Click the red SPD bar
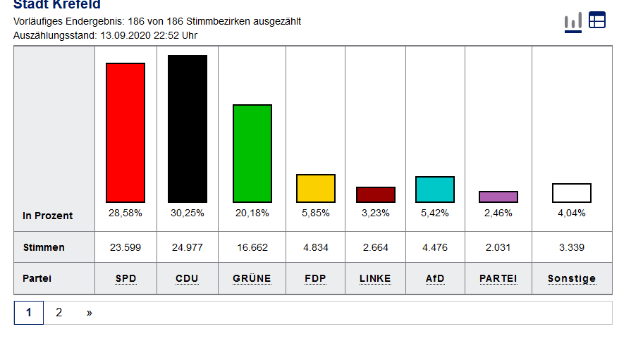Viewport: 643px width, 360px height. click(x=125, y=132)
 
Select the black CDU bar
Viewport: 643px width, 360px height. click(x=188, y=129)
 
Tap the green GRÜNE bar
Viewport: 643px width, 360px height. click(x=252, y=153)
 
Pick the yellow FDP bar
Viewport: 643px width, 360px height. click(x=316, y=188)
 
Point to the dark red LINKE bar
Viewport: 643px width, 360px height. click(x=376, y=194)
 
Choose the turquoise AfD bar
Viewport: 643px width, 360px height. click(x=435, y=190)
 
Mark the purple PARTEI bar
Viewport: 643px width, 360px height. click(x=498, y=197)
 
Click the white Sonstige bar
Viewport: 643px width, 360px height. click(x=572, y=193)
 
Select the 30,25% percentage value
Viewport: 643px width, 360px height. click(x=187, y=213)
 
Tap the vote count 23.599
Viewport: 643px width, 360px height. click(x=125, y=247)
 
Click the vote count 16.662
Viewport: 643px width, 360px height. click(x=252, y=247)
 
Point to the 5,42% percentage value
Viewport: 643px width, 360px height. click(x=435, y=213)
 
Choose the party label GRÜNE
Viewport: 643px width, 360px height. click(x=252, y=278)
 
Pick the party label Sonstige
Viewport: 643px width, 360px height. click(x=572, y=278)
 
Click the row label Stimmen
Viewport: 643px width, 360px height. click(x=44, y=247)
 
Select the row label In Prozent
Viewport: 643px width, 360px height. click(x=47, y=216)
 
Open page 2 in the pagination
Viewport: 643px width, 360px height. click(x=59, y=312)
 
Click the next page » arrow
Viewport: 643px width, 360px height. click(x=90, y=312)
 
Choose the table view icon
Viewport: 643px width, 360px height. click(x=597, y=20)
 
